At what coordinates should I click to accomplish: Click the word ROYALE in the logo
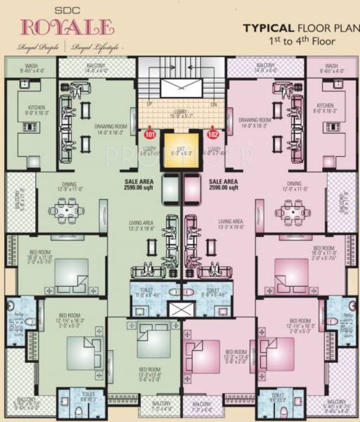[x=67, y=27]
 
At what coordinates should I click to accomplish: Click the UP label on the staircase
[x=149, y=104]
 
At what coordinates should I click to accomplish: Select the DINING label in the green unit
[x=69, y=186]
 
